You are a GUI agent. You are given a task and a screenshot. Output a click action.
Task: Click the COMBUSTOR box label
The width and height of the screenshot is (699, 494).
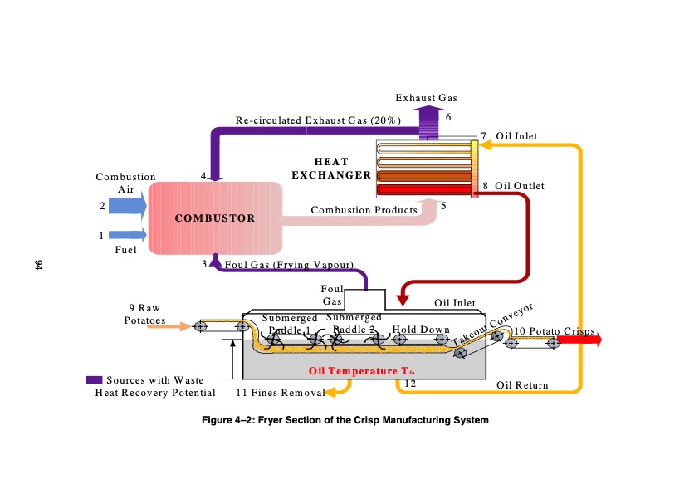[215, 218]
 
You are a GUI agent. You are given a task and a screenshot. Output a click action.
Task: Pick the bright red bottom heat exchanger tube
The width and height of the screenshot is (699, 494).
[423, 190]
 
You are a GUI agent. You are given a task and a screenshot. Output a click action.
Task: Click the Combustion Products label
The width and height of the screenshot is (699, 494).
[364, 210]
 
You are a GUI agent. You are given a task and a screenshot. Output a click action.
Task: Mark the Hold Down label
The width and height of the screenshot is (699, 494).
[420, 330]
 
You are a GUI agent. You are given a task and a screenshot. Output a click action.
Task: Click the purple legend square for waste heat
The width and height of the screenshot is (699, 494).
[94, 380]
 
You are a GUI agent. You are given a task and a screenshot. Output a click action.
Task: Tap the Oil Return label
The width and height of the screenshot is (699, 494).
[522, 385]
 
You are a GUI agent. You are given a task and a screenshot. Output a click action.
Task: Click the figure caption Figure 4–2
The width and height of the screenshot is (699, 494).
[345, 420]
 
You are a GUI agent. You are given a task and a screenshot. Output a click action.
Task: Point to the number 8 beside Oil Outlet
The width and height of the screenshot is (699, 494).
[486, 186]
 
